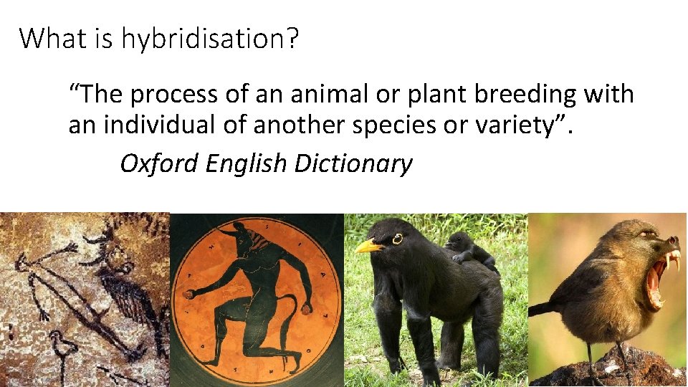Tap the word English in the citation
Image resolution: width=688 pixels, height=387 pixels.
click(x=246, y=164)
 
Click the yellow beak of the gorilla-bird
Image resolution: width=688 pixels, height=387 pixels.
click(x=368, y=247)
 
